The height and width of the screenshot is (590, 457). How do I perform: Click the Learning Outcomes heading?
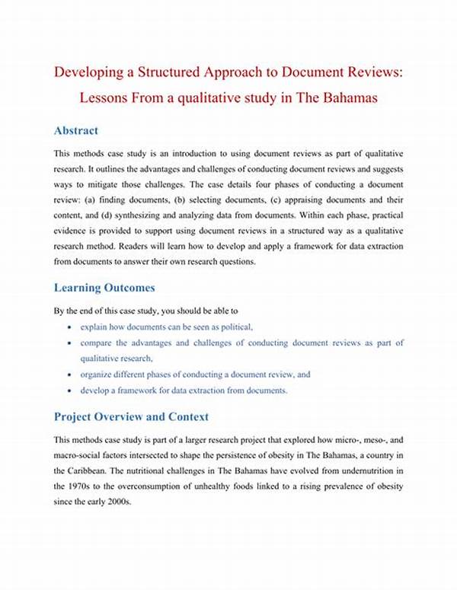(104, 288)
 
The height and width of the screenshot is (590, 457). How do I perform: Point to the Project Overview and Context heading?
(131, 416)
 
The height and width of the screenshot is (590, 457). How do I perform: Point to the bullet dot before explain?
(70, 327)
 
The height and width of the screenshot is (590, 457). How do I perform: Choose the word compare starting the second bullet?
(97, 343)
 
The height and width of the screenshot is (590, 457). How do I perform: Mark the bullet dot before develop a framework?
(70, 391)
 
